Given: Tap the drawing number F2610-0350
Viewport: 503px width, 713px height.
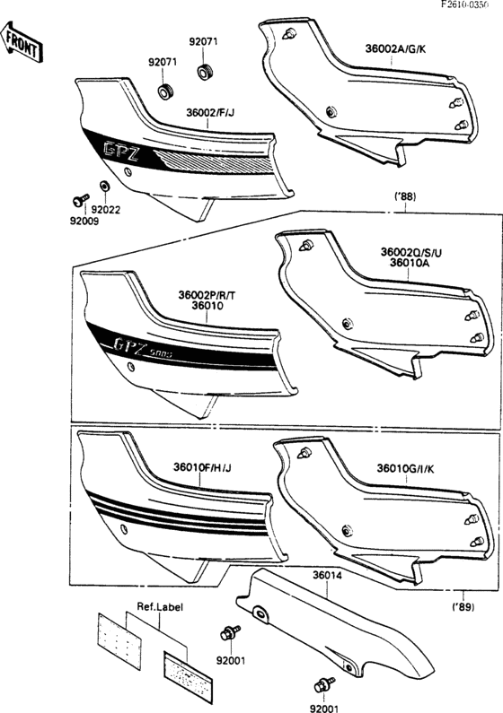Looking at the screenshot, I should click(470, 5).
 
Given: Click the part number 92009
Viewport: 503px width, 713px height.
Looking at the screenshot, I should click(86, 221).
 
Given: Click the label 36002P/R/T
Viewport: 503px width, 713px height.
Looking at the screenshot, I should click(208, 294).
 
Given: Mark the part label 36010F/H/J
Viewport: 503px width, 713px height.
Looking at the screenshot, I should click(202, 467).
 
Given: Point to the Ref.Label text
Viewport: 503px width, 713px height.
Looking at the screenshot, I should click(160, 607).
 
